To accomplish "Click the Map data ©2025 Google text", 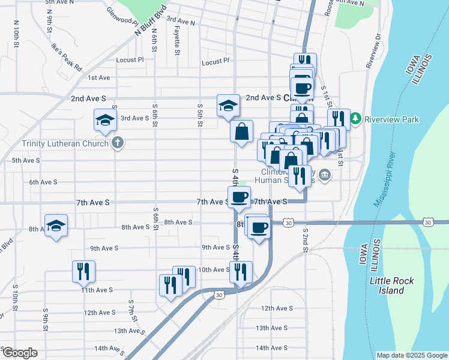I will tap(411, 355).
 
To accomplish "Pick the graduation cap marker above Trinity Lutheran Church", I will tap(105, 120).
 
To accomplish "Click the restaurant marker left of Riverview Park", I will tap(339, 119).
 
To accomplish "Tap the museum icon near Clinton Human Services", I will tap(325, 175).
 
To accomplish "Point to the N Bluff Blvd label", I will tap(143, 24).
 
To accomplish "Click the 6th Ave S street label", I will tap(43, 182).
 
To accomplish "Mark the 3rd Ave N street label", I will tap(181, 22).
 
